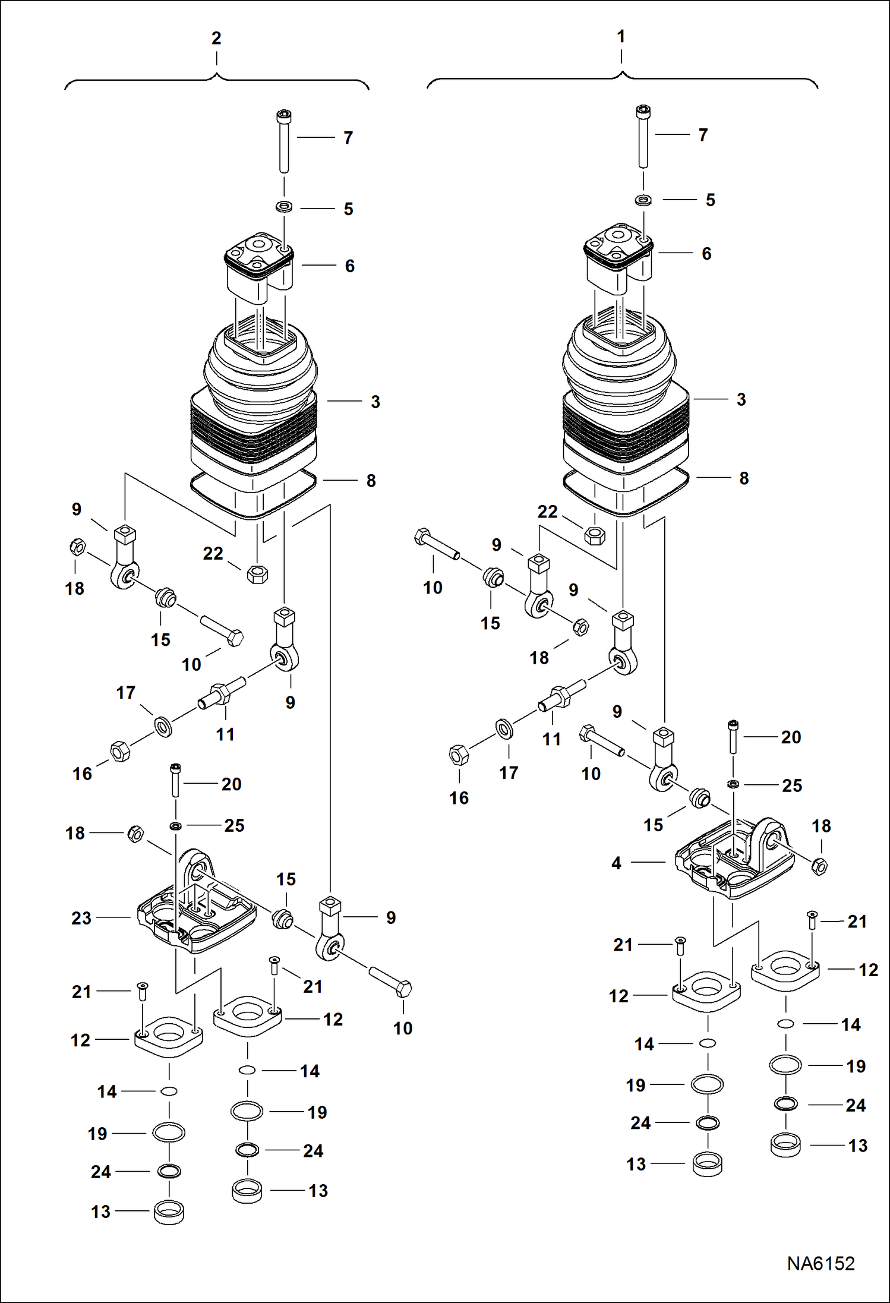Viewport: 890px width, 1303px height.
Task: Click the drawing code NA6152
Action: coord(820,1263)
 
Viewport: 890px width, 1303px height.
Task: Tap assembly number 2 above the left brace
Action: coord(216,39)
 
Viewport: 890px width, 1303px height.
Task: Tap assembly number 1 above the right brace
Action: coord(621,37)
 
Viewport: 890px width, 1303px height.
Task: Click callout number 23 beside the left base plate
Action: coord(81,918)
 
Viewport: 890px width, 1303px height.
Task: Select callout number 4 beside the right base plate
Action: coord(616,863)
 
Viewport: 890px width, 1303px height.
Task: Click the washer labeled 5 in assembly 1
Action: coord(643,200)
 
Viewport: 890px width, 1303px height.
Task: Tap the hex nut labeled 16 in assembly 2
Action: coord(120,751)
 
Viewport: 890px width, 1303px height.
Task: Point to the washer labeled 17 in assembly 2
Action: coord(163,726)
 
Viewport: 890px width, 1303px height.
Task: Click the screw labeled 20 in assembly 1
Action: coord(733,737)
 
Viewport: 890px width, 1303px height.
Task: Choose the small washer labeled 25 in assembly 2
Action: coord(176,826)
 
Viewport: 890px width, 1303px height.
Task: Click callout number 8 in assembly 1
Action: coord(744,478)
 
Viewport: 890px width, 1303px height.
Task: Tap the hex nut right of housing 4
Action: coord(819,866)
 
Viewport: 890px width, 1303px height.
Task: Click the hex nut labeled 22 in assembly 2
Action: coord(257,574)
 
